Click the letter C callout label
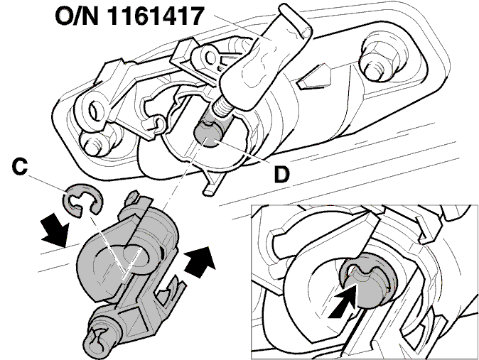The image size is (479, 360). tap(20, 167)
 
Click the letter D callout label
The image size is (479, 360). tap(281, 175)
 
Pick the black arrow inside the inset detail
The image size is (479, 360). tap(343, 301)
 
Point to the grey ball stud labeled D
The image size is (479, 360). tap(208, 134)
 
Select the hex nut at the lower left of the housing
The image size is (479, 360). tap(93, 143)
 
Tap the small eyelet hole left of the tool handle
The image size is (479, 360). tap(211, 57)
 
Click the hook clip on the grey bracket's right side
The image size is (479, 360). tap(171, 290)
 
